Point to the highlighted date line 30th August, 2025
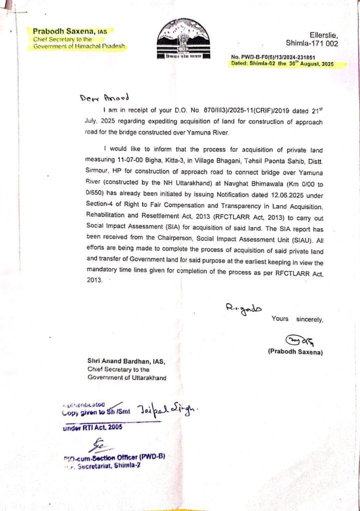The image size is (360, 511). click(282, 64)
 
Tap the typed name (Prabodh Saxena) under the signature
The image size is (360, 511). click(295, 352)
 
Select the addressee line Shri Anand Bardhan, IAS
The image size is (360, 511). click(126, 361)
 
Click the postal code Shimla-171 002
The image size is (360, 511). click(312, 43)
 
